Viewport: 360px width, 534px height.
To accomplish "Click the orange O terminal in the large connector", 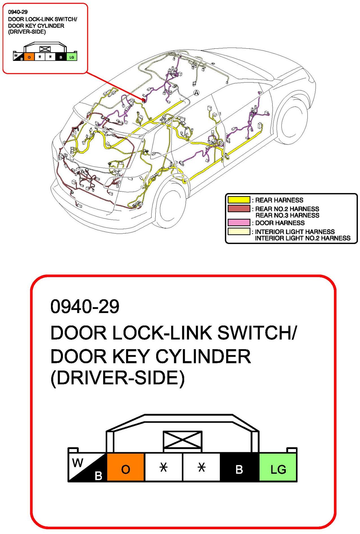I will coord(126,467).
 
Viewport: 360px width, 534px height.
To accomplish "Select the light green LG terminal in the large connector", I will coord(278,467).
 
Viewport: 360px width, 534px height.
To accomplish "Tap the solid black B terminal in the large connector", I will coord(239,467).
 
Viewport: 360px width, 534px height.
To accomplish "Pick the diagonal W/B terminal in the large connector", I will coord(87,467).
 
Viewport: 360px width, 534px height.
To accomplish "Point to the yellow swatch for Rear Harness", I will coord(239,200).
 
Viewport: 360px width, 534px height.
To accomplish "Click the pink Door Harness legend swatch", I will coord(239,223).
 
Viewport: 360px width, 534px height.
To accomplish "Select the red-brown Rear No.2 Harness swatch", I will coord(239,209).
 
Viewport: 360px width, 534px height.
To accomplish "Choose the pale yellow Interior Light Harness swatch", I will coord(239,231).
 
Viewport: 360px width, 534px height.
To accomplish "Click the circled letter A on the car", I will coord(196,93).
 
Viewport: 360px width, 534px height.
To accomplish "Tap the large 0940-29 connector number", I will coord(85,306).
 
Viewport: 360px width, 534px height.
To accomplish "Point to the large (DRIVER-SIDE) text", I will coord(117,378).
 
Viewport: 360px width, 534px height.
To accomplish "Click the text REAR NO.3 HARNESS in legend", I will coord(287,215).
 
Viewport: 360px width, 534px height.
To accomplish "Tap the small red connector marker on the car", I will coord(143,100).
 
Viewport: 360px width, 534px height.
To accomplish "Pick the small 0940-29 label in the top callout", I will coord(18,12).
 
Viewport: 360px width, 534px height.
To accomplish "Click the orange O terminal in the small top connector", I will coord(29,57).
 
